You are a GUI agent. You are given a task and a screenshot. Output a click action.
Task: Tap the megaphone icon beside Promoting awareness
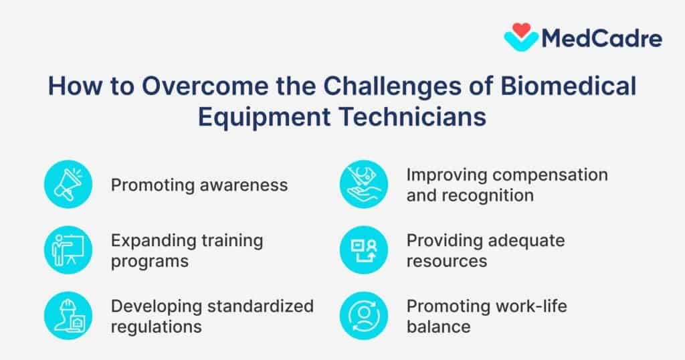point(68,184)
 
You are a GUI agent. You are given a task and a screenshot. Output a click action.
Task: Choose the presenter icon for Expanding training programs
point(68,250)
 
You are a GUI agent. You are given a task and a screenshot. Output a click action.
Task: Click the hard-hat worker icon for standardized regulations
point(68,315)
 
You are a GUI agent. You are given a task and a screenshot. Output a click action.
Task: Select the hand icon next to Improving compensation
point(363,184)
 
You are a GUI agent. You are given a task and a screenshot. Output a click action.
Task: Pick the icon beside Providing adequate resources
point(363,250)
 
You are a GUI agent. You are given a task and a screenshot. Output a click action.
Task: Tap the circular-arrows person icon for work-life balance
point(363,315)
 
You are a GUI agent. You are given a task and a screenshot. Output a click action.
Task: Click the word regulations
point(157,327)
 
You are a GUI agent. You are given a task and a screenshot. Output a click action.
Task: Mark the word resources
point(448,261)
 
